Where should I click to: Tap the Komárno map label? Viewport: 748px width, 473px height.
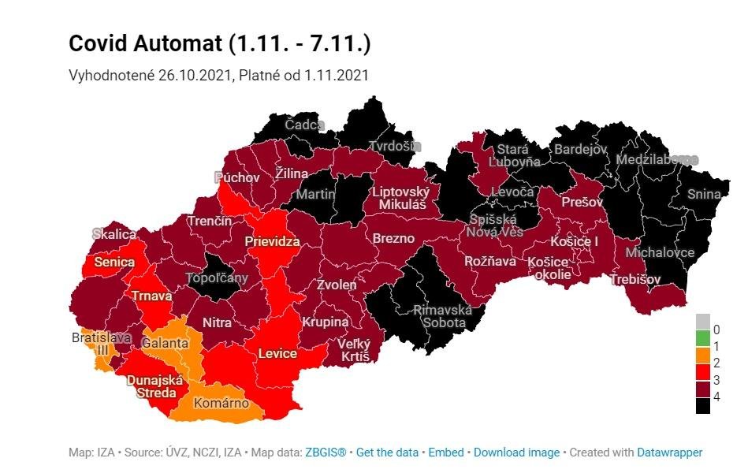(x=221, y=403)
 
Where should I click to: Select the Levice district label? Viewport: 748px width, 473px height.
(x=277, y=353)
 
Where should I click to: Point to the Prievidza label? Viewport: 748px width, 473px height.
(x=272, y=241)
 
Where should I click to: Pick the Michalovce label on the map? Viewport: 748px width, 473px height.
(x=660, y=252)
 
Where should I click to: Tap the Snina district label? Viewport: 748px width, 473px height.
(x=704, y=194)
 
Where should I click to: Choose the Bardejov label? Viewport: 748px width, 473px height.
(x=581, y=149)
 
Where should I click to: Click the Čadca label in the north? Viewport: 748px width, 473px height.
(x=304, y=125)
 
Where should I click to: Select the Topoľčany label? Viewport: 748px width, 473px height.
(x=216, y=277)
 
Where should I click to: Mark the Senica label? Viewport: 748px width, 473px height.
(x=114, y=262)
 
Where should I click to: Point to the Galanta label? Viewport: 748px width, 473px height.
(x=165, y=343)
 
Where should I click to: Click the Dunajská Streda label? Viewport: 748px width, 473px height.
(x=154, y=385)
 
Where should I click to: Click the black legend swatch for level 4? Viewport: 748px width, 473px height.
(x=702, y=405)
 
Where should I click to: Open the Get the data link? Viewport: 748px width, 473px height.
(x=387, y=453)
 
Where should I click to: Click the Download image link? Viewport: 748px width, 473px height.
(x=516, y=453)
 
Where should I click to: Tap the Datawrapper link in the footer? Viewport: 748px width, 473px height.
(x=669, y=453)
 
